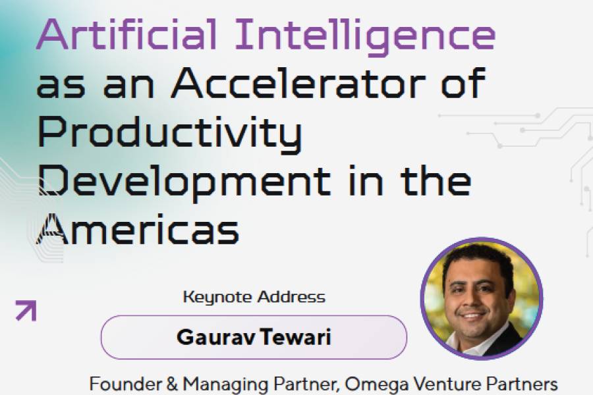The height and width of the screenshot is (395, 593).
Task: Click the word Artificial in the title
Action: (127, 34)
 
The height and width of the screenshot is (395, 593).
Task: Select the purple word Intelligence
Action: (365, 37)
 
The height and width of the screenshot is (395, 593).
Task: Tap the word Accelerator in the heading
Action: (298, 83)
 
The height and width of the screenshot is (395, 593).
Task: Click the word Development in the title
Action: (185, 182)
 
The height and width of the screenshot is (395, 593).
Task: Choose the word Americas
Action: (138, 230)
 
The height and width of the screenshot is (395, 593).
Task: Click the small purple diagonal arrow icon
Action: (26, 311)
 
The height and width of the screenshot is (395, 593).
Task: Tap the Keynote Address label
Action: (254, 297)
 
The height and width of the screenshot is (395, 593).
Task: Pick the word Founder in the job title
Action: (126, 384)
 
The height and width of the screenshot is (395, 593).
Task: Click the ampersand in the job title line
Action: (172, 384)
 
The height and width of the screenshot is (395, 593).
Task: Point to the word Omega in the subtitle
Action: (377, 385)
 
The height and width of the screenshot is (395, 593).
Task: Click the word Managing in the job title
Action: (226, 385)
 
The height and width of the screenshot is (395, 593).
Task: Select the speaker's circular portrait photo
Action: (482, 299)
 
